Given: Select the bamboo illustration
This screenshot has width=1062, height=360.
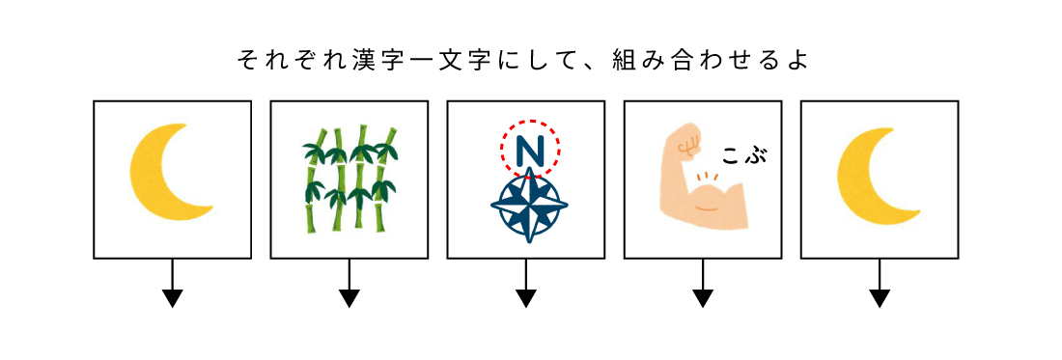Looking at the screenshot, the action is click(x=349, y=179).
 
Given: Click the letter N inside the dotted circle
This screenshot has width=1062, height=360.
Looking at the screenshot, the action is click(x=530, y=153).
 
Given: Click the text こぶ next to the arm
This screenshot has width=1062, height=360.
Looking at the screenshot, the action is click(x=745, y=157).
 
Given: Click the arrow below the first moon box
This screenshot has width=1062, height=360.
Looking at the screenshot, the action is click(x=173, y=283).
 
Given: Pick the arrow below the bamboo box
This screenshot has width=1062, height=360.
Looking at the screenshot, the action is click(x=349, y=283).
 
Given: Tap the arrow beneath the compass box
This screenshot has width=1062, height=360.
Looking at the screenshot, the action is click(x=526, y=283).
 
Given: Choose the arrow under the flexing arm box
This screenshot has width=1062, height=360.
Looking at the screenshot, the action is click(x=702, y=283).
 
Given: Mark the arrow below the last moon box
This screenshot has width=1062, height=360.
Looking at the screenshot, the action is click(x=880, y=283).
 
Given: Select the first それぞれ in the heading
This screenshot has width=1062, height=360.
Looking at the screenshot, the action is click(x=293, y=61).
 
